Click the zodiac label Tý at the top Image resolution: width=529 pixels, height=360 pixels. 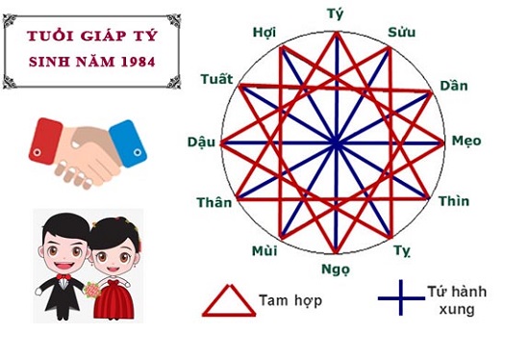(336, 14)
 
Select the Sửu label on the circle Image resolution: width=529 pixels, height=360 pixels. (401, 33)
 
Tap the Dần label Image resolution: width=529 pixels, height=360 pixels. (453, 86)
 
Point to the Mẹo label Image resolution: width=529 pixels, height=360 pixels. (466, 141)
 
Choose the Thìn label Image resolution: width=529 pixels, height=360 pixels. (454, 201)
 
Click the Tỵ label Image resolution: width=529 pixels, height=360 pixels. (402, 251)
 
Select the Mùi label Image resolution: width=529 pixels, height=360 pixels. (264, 251)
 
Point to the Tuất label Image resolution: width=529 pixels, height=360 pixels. (216, 78)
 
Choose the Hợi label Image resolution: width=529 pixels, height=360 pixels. (264, 32)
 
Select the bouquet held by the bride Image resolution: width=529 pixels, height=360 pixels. (92, 287)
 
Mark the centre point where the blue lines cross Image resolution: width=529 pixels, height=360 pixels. (337, 143)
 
